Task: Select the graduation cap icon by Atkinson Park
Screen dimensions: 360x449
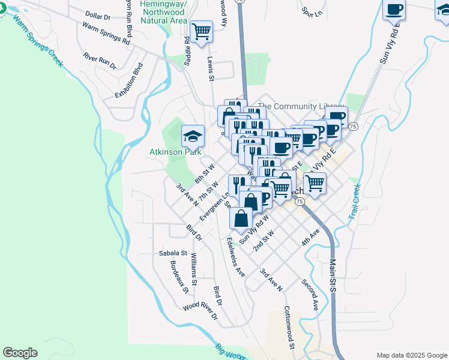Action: [x=193, y=137]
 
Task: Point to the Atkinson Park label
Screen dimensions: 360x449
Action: [x=175, y=152]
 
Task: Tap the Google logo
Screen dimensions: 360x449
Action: [x=20, y=353]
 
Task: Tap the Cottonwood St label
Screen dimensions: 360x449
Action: [x=289, y=328]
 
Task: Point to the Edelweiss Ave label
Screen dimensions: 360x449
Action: [x=235, y=257]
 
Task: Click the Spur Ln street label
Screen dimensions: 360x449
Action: [x=312, y=11]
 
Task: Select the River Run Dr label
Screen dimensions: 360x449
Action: [x=100, y=61]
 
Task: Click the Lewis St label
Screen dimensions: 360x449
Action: [x=211, y=69]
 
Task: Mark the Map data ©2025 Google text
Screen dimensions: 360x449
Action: [x=411, y=355]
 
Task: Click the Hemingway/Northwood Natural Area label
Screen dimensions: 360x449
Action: [x=163, y=12]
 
